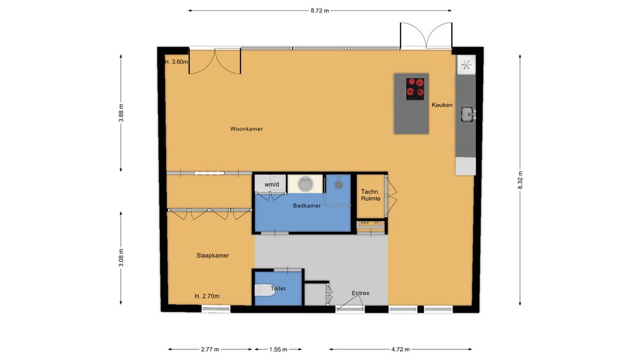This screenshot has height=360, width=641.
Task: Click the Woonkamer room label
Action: point(246,129)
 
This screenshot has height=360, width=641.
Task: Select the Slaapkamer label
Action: point(212,256)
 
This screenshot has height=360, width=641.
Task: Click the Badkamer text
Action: point(307,206)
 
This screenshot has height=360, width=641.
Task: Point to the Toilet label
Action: point(278,289)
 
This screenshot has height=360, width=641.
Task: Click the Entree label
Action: point(360,293)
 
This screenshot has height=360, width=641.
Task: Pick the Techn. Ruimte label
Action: point(370,195)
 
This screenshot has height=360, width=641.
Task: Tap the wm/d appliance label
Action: point(271,184)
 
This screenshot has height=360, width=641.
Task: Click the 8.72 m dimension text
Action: point(319,11)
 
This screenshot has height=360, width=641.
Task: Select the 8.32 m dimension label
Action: point(520,180)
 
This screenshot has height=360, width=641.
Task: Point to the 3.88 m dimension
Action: point(121,113)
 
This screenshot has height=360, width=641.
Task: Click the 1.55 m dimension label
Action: point(277,349)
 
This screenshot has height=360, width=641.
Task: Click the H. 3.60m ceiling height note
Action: point(176,62)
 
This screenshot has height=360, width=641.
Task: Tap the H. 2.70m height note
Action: point(207,296)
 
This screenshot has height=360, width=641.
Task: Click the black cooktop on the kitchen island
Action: point(415,88)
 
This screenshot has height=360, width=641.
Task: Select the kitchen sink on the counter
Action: point(467,113)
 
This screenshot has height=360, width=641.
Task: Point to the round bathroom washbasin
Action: point(305,184)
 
